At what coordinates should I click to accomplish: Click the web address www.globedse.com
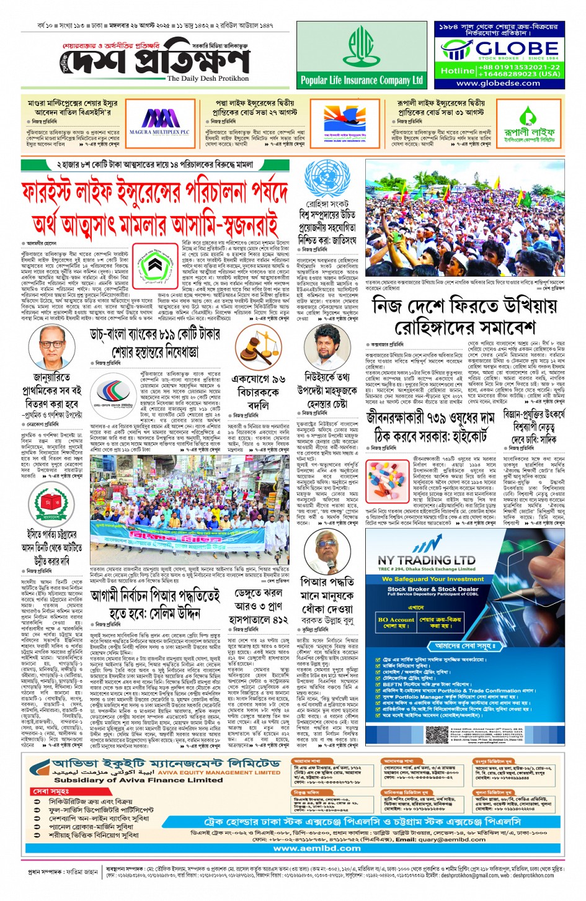(x=498, y=83)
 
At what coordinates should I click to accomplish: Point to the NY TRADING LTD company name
(x=426, y=560)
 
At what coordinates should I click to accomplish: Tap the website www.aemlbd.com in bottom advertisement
(x=317, y=848)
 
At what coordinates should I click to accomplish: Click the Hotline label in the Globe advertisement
(x=457, y=71)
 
